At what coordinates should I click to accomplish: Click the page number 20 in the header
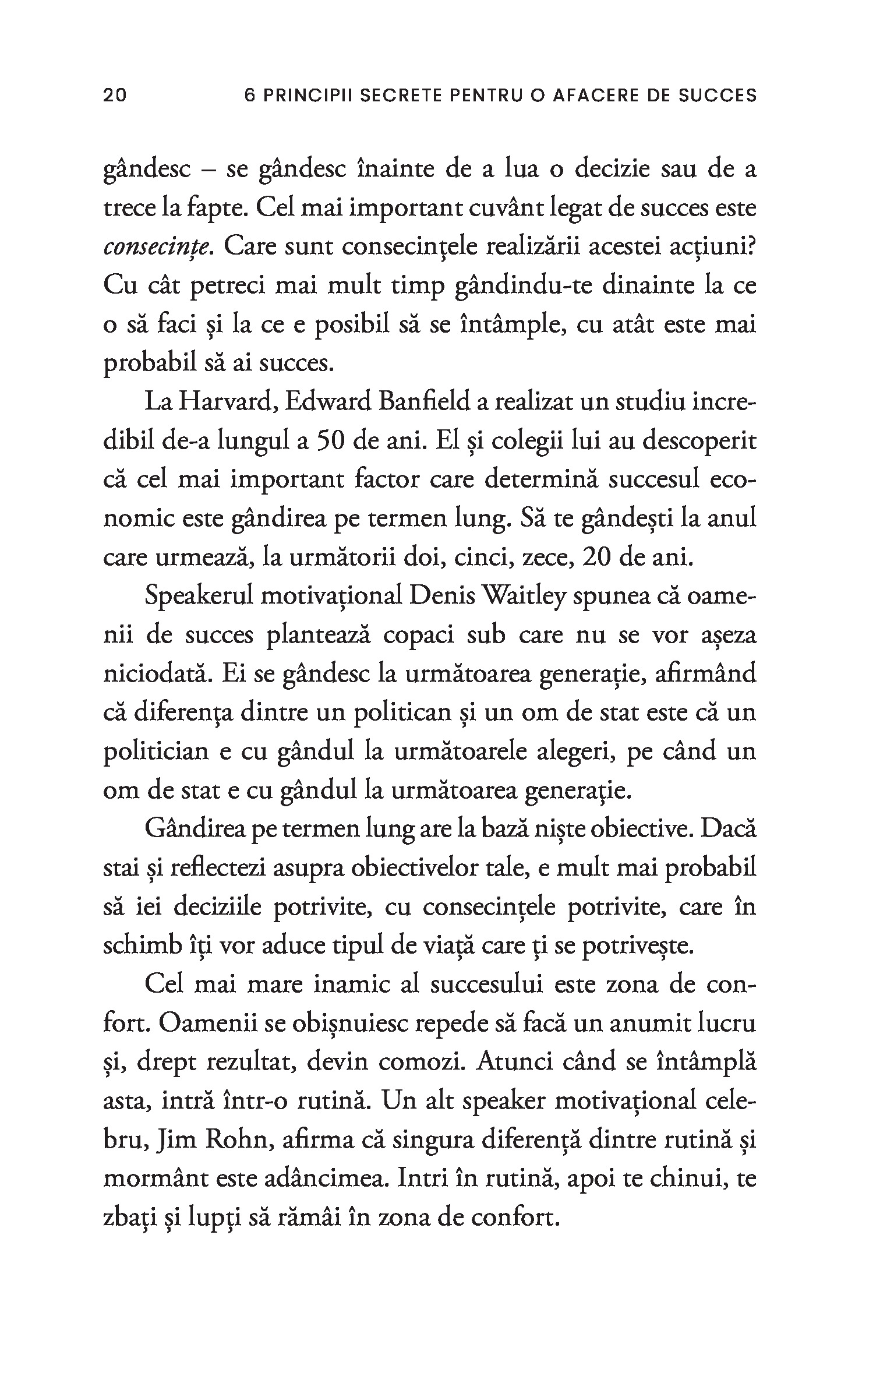(114, 95)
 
